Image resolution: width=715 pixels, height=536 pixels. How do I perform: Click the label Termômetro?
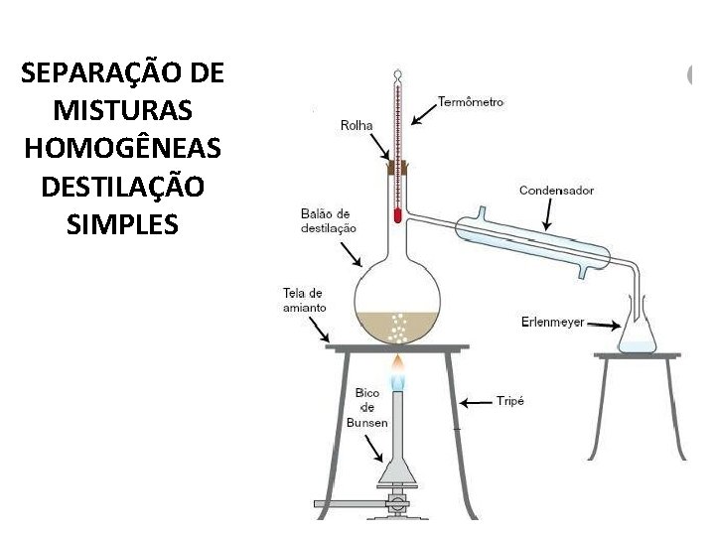point(471,101)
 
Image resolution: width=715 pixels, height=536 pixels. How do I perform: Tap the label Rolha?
point(357,125)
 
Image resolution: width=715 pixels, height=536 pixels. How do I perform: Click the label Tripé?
point(509,402)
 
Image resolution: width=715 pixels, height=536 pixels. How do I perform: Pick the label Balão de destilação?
point(328,220)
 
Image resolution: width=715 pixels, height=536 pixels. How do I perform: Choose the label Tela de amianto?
point(304,300)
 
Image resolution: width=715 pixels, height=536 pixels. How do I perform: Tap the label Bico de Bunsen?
point(367,408)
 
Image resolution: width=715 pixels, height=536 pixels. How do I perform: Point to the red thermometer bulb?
point(397,214)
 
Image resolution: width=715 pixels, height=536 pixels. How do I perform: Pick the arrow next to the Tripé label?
point(476,402)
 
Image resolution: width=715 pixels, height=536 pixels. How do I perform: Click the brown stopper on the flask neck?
point(397,171)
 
